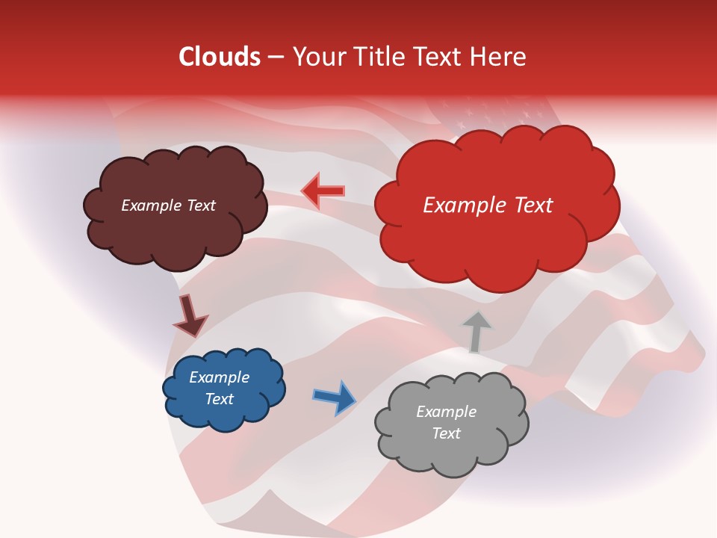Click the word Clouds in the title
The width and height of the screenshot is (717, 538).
pyautogui.click(x=220, y=57)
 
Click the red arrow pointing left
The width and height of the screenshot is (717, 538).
pyautogui.click(x=323, y=191)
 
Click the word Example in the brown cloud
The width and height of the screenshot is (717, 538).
pyautogui.click(x=151, y=205)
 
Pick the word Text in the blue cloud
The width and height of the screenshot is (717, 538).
pyautogui.click(x=220, y=399)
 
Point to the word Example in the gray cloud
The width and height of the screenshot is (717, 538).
pyautogui.click(x=446, y=412)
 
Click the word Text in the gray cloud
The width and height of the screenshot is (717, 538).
pyautogui.click(x=446, y=433)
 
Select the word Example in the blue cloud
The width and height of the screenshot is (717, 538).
pyautogui.click(x=220, y=377)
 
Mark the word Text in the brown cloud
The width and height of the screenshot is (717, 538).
pyautogui.click(x=200, y=205)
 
